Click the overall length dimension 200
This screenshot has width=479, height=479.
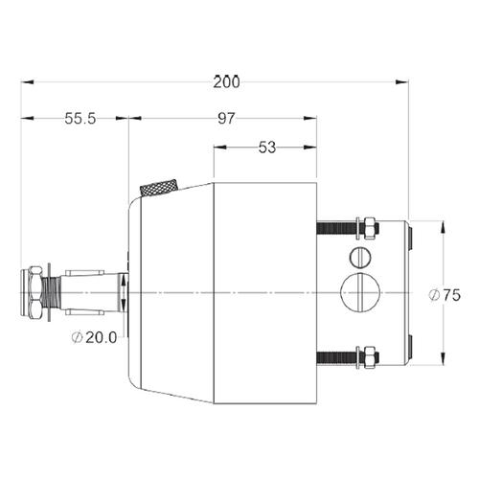[x=226, y=82]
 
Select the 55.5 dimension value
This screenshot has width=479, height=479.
[x=80, y=119]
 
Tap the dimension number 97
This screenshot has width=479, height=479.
[x=226, y=119]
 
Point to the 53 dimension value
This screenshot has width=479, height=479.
[x=266, y=148]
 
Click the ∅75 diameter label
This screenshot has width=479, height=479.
[x=445, y=295]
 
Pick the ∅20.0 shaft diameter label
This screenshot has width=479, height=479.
[x=95, y=336]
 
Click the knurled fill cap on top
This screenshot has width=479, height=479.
[x=160, y=188]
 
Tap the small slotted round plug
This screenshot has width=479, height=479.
[x=359, y=257]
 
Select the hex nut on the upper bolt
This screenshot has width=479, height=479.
[x=366, y=228]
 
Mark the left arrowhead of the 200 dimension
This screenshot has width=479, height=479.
[x=27, y=82]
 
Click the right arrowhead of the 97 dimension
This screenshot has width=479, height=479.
[x=311, y=119]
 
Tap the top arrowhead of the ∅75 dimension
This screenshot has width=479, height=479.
[x=443, y=227]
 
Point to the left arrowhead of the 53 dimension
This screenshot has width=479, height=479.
[x=218, y=148]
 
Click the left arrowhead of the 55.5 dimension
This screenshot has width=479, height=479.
[x=27, y=119]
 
